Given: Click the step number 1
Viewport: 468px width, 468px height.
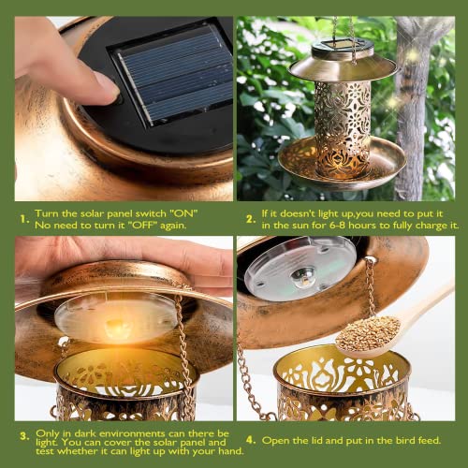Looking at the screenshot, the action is pyautogui.click(x=24, y=219).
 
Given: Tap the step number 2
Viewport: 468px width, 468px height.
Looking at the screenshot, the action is pyautogui.click(x=251, y=219).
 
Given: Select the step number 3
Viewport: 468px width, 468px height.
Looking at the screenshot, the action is pyautogui.click(x=24, y=436).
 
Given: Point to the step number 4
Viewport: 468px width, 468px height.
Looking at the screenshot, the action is pyautogui.click(x=251, y=440).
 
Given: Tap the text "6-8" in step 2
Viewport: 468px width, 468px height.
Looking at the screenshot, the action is pyautogui.click(x=337, y=226).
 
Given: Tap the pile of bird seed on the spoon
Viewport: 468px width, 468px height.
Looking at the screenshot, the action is pyautogui.click(x=369, y=333).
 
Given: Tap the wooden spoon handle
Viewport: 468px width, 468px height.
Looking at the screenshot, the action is pyautogui.click(x=429, y=307).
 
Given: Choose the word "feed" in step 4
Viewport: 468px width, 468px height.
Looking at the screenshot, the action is pyautogui.click(x=430, y=440).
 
